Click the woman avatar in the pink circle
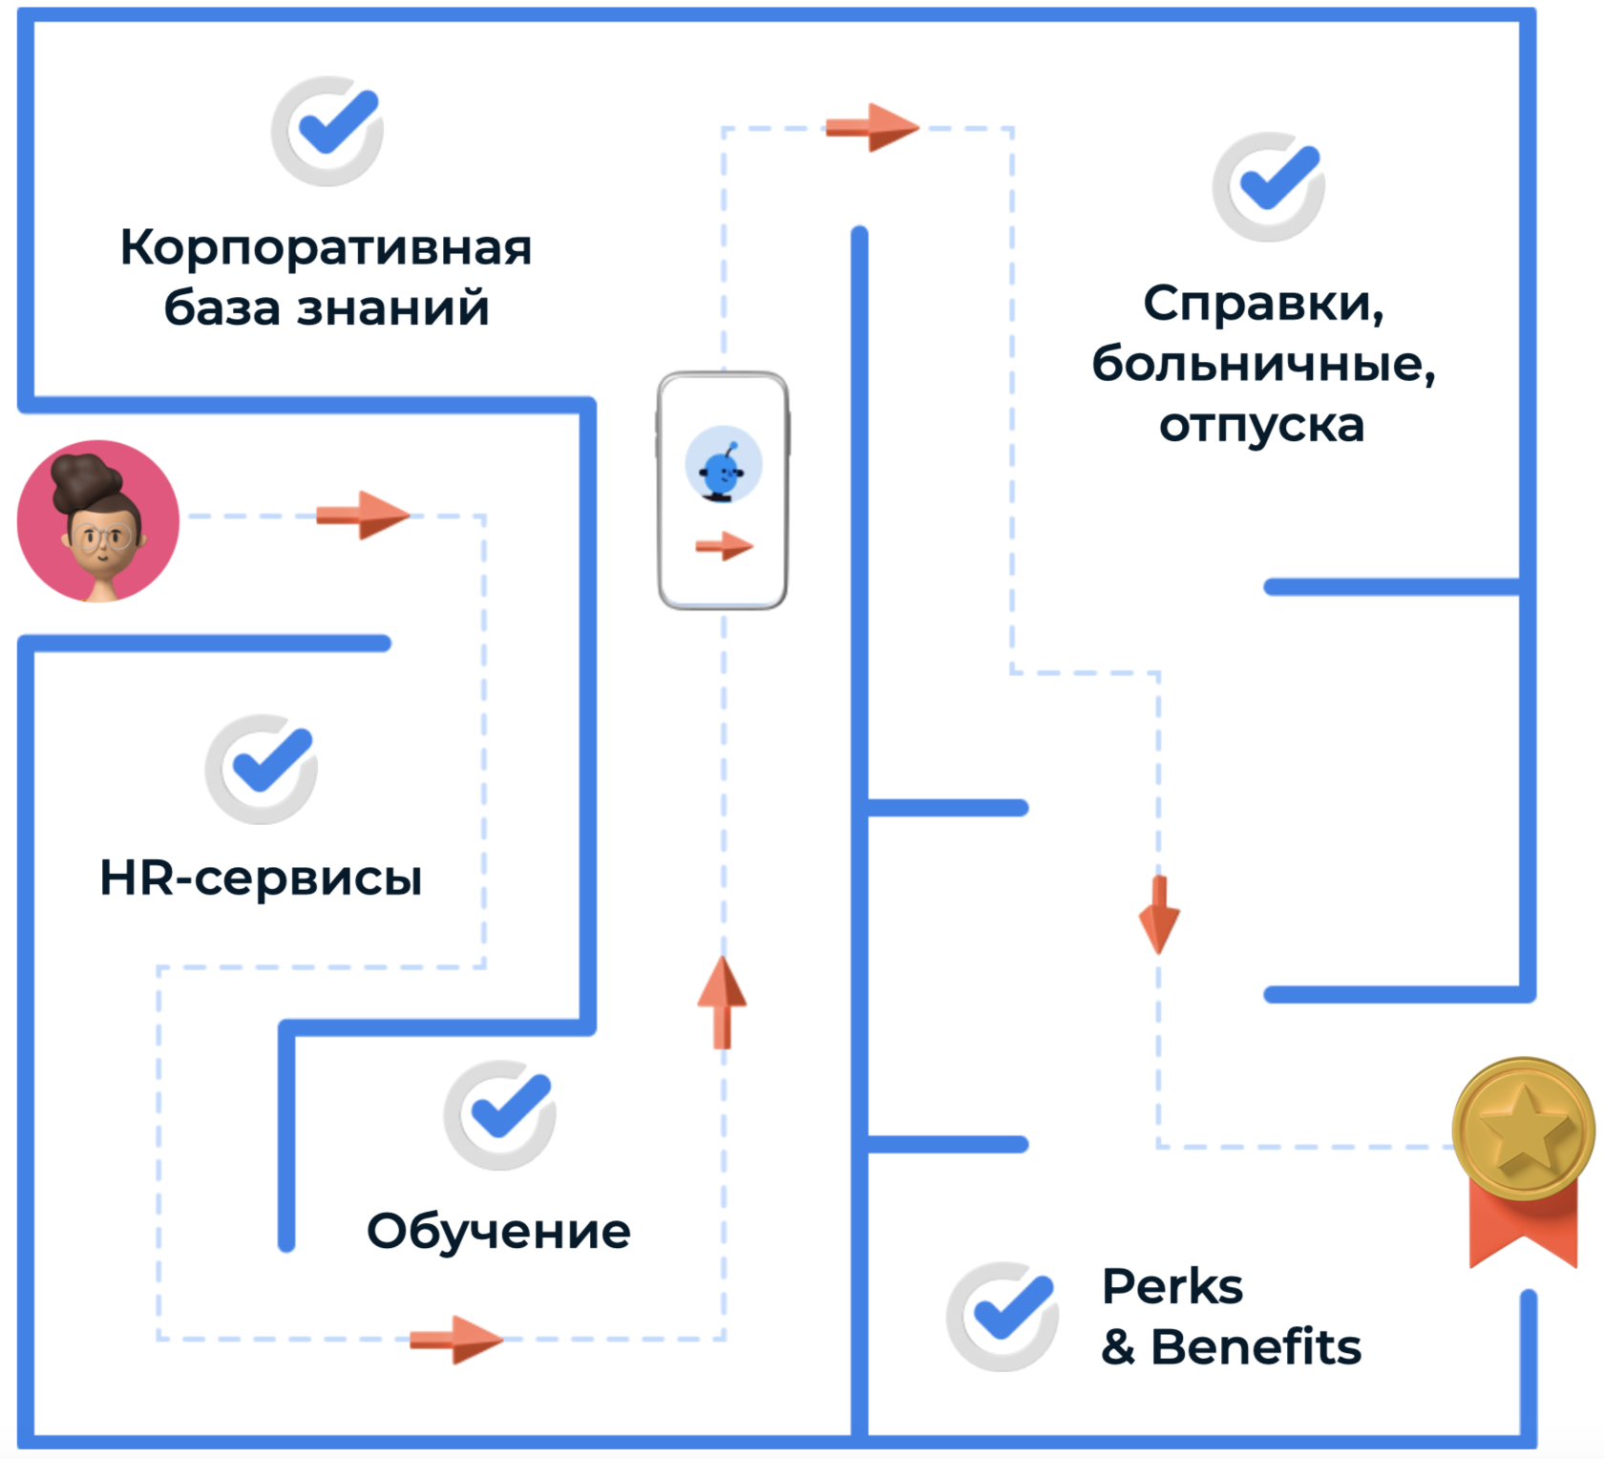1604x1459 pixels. tap(98, 521)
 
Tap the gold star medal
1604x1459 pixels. tap(1523, 1129)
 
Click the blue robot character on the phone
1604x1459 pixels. tap(723, 467)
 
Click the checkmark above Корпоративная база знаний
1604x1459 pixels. tap(327, 131)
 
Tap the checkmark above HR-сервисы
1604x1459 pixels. tap(262, 769)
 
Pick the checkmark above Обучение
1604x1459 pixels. tap(500, 1114)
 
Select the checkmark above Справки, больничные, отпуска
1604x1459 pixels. tap(1269, 186)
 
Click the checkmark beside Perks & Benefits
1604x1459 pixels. tap(1002, 1316)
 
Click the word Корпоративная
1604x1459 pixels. tap(326, 247)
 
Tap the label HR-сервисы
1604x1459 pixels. tap(261, 878)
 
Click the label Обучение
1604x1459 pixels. tap(498, 1231)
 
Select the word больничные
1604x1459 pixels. tap(1263, 364)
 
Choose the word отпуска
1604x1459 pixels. tap(1261, 425)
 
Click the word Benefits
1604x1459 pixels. tap(1256, 1346)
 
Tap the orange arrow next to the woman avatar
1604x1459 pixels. tap(363, 516)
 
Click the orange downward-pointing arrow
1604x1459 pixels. tap(1159, 914)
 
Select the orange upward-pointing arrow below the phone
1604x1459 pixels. tap(723, 1003)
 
